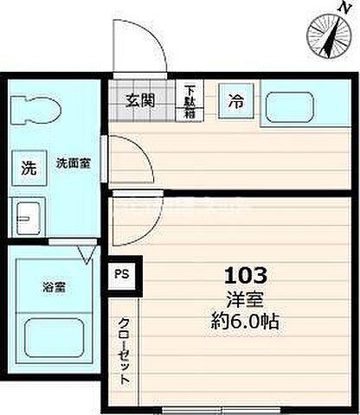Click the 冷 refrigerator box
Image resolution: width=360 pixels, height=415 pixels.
(x=235, y=101)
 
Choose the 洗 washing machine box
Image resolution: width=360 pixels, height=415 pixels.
(x=29, y=169)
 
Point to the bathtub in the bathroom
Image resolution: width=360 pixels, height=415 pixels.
(x=54, y=336)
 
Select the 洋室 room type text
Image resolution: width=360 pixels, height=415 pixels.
(x=247, y=301)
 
